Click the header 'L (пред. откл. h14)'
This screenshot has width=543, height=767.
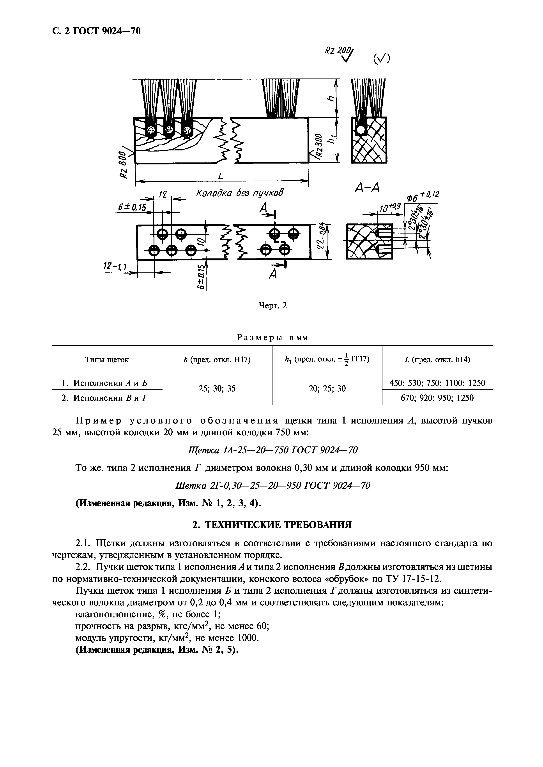tap(437, 360)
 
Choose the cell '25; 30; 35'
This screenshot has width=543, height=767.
tap(217, 389)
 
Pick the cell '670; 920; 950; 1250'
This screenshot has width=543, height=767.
tap(437, 398)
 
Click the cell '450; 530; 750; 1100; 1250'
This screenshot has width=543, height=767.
tap(437, 383)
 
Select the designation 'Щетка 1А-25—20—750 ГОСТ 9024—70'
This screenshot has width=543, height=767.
tap(273, 451)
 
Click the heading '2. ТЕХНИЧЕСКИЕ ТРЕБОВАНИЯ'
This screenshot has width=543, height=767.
tap(272, 525)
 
